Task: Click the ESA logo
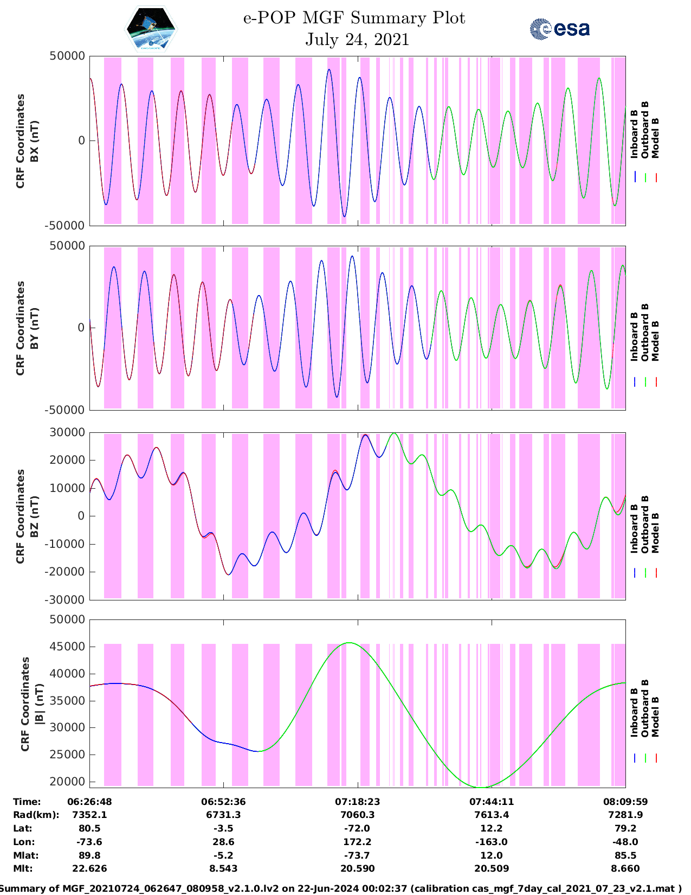pyautogui.click(x=559, y=29)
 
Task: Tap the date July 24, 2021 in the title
pyautogui.click(x=357, y=40)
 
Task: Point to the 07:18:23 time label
pyautogui.click(x=357, y=801)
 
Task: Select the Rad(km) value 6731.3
pyautogui.click(x=223, y=815)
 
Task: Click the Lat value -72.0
pyautogui.click(x=357, y=828)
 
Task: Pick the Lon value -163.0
pyautogui.click(x=492, y=842)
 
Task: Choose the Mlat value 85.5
pyautogui.click(x=625, y=855)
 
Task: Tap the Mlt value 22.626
pyautogui.click(x=89, y=868)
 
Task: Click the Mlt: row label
pyautogui.click(x=23, y=868)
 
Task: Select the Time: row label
pyautogui.click(x=27, y=801)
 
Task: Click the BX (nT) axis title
pyautogui.click(x=34, y=141)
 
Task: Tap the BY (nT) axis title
pyautogui.click(x=34, y=328)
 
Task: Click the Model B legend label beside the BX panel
pyautogui.click(x=655, y=138)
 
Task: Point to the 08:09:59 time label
pyautogui.click(x=625, y=801)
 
